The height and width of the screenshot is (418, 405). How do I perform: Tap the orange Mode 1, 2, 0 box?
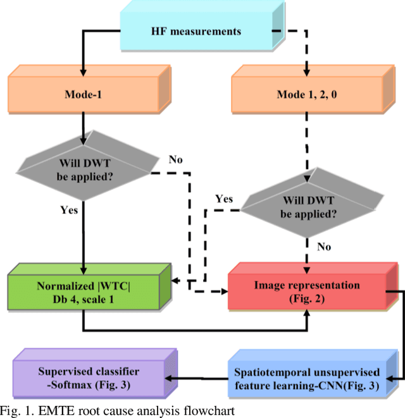tap(306, 95)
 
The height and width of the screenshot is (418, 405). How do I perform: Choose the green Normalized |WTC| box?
tap(84, 292)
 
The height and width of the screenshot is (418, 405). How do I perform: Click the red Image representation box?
tap(306, 292)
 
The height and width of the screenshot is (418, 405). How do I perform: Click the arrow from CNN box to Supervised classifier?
tap(202, 376)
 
